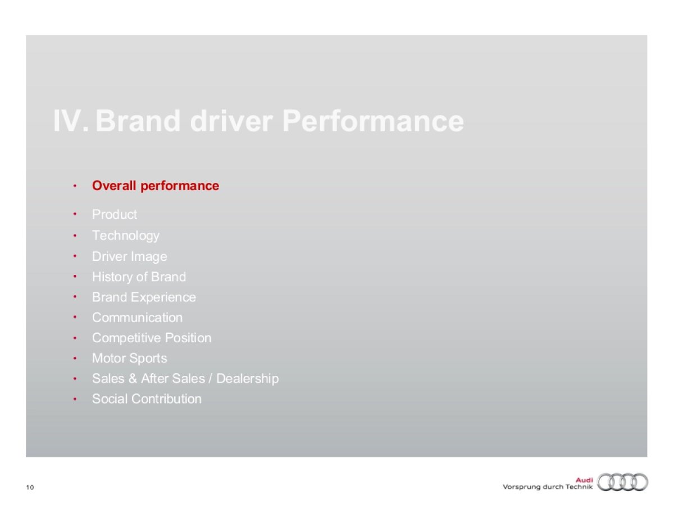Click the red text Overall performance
[x=156, y=186]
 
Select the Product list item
[x=114, y=214]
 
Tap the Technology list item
[x=126, y=236]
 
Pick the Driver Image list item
[x=130, y=257]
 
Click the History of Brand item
[x=139, y=277]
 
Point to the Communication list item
[x=137, y=318]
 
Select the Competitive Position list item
[x=152, y=338]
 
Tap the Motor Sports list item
[x=130, y=359]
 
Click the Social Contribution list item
[x=147, y=399]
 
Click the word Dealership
[x=248, y=379]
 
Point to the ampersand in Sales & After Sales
[x=133, y=379]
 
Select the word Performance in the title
[x=373, y=121]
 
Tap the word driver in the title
[x=231, y=121]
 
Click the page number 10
[x=30, y=487]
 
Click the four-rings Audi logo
[x=623, y=483]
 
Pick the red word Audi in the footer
[x=584, y=480]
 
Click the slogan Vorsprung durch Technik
[x=548, y=487]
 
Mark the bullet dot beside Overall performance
[x=75, y=186]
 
